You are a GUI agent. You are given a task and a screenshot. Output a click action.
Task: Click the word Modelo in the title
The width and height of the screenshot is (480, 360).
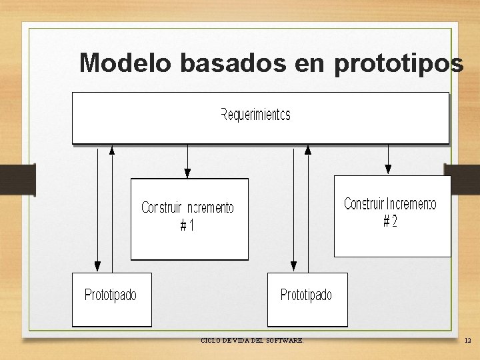pyautogui.click(x=126, y=63)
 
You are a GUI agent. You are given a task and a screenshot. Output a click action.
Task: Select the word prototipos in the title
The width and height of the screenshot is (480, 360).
pyautogui.click(x=398, y=63)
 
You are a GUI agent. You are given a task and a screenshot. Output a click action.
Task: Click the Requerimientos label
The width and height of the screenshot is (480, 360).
pyautogui.click(x=255, y=115)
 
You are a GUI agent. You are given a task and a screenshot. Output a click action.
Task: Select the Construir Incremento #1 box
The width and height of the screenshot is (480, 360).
pyautogui.click(x=189, y=219)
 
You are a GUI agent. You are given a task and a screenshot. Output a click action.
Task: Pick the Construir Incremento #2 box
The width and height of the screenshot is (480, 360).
pyautogui.click(x=392, y=215)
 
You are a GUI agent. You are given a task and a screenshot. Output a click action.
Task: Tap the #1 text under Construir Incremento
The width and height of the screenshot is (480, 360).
pyautogui.click(x=187, y=226)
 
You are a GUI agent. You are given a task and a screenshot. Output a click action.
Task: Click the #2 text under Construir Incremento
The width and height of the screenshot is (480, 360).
pyautogui.click(x=390, y=221)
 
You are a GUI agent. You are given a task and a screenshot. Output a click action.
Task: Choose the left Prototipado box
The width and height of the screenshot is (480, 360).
pyautogui.click(x=111, y=299)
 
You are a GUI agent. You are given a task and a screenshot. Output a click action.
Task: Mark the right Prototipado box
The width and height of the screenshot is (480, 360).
pyautogui.click(x=307, y=300)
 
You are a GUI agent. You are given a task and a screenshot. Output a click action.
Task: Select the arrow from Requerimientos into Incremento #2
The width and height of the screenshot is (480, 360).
pyautogui.click(x=388, y=160)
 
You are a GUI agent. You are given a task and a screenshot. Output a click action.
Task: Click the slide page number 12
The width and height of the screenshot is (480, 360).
pyautogui.click(x=467, y=341)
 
